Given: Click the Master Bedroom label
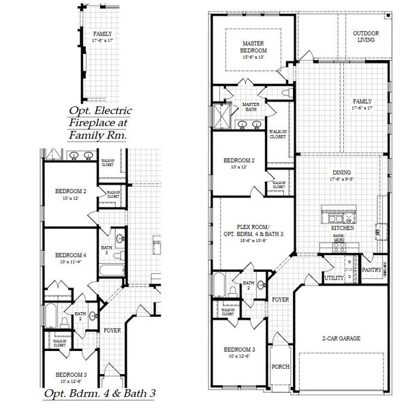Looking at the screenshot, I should click(253, 46).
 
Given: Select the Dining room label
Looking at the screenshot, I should click(343, 173).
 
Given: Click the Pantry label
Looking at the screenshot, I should click(371, 270).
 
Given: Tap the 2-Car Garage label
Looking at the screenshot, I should click(341, 338).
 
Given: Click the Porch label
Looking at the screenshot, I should click(280, 367).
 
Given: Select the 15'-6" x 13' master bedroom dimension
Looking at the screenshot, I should click(253, 57).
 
